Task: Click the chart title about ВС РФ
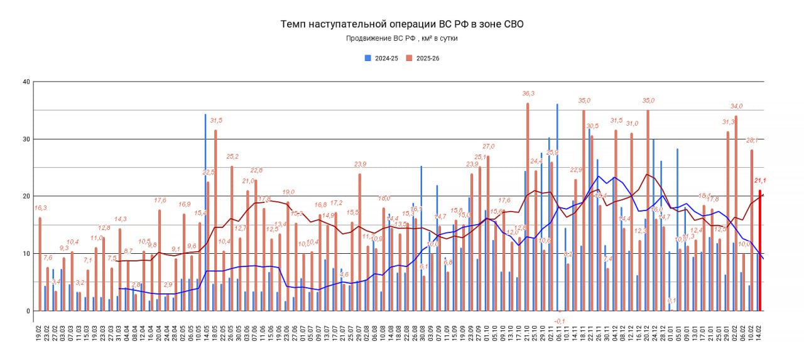tap(401, 25)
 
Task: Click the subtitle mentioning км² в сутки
tap(401, 39)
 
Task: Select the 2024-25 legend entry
tap(382, 58)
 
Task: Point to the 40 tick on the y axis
tap(26, 82)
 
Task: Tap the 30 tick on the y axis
tap(26, 139)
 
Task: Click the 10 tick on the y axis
tap(26, 253)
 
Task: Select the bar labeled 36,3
tap(528, 207)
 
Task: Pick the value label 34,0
tap(736, 106)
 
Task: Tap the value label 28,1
tap(752, 140)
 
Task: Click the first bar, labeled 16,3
tap(40, 264)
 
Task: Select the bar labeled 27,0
tap(488, 232)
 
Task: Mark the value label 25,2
tap(232, 156)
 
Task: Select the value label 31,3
tap(728, 122)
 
